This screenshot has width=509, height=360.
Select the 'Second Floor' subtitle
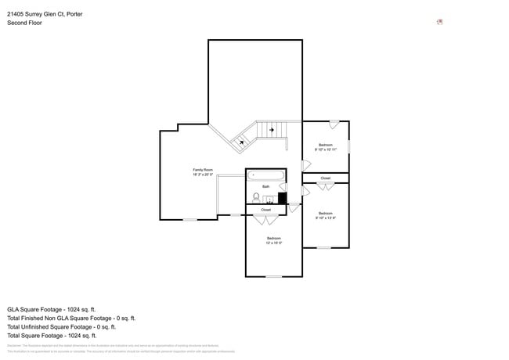pos(25,23)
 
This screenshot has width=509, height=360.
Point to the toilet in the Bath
pos(256,197)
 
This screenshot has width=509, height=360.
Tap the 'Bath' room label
pos(266,186)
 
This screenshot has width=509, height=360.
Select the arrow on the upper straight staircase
pos(273,129)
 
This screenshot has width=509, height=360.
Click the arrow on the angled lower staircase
pos(241,142)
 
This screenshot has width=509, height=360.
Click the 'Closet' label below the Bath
pos(265,210)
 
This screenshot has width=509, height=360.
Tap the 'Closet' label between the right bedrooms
pos(325,178)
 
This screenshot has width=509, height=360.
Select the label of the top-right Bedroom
pos(325,145)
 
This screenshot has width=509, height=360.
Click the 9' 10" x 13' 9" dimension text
pos(325,218)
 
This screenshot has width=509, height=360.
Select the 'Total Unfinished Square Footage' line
pos(61,327)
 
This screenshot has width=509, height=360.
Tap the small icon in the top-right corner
pos(440,22)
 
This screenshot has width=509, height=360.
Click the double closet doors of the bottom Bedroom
pos(266,220)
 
